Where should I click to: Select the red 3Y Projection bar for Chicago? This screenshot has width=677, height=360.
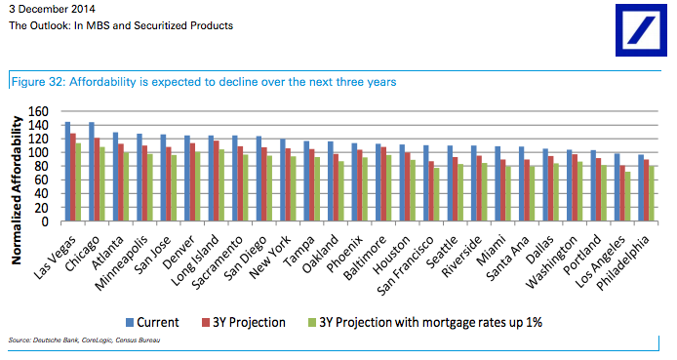[98, 180]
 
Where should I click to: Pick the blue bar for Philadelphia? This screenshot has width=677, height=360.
[640, 188]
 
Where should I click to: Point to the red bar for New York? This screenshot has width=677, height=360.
[287, 185]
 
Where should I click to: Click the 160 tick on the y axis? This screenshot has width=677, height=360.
[44, 111]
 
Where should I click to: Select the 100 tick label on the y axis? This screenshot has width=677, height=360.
[44, 153]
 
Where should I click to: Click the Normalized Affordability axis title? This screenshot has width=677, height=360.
[17, 184]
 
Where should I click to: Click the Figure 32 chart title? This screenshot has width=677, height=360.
[202, 82]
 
